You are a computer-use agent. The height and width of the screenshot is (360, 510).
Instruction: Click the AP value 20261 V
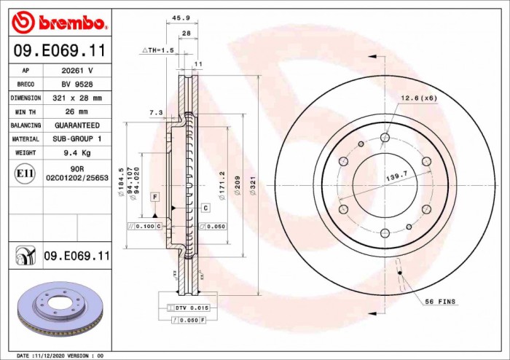click(x=76, y=71)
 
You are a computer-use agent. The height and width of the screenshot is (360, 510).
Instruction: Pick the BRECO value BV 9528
click(x=76, y=85)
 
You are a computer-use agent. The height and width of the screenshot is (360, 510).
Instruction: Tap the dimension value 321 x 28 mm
click(x=76, y=98)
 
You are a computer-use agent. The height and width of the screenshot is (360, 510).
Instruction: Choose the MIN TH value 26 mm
click(x=76, y=111)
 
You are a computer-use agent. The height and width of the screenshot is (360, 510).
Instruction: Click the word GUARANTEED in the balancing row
click(x=76, y=125)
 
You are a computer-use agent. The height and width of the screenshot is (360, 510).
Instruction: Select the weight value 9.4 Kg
click(x=76, y=153)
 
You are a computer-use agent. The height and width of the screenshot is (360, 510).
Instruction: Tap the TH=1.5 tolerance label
click(x=158, y=50)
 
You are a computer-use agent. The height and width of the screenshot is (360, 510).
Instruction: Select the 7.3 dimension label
click(x=155, y=113)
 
